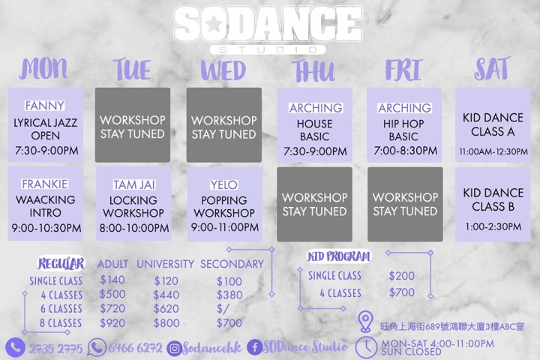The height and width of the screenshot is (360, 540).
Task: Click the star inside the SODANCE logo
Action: tap(214, 23)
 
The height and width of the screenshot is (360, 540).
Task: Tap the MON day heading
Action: tap(43, 68)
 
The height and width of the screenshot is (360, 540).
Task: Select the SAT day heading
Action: tap(492, 68)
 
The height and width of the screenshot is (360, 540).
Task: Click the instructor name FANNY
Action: tap(45, 106)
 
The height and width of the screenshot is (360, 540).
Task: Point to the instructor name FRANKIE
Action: tap(45, 184)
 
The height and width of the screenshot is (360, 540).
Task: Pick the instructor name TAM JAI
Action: tap(134, 184)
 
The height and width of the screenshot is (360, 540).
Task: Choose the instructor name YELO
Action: tap(224, 185)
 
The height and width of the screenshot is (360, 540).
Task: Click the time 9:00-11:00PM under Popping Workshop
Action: tap(225, 227)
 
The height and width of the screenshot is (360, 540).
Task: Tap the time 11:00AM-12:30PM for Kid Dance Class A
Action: tap(493, 151)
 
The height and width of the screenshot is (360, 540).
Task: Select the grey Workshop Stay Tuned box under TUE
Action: tap(133, 124)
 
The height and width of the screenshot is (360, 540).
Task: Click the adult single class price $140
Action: tap(112, 280)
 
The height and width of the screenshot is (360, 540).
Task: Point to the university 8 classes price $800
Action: tap(166, 322)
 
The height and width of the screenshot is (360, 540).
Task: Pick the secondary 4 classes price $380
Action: tap(229, 295)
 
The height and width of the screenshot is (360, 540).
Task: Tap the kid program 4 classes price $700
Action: tap(402, 292)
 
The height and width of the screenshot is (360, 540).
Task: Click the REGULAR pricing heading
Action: tap(61, 263)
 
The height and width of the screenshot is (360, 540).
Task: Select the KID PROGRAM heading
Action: tap(339, 256)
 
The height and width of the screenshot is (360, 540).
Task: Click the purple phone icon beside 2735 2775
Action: tap(15, 347)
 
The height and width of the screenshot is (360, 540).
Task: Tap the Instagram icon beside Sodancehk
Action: tap(174, 349)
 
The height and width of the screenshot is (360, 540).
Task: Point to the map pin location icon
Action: tap(365, 322)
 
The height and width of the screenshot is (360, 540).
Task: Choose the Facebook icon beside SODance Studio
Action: tap(255, 347)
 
